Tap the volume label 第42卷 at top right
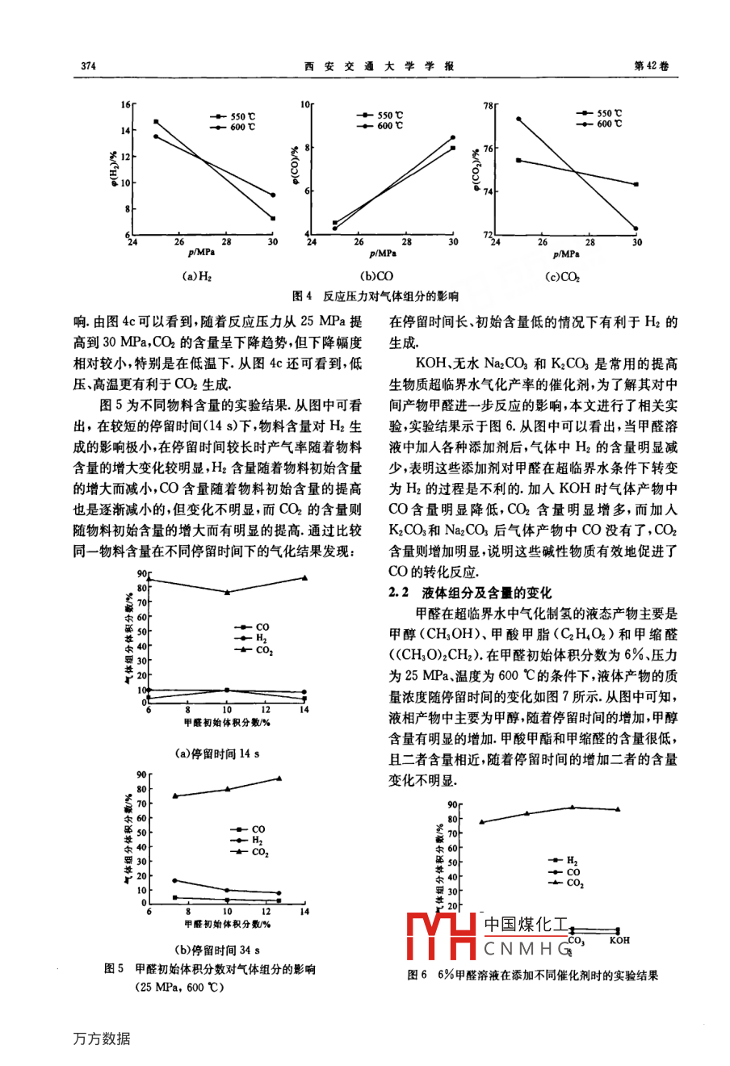click(654, 65)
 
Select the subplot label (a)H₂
click(197, 276)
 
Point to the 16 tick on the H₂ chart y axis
click(125, 105)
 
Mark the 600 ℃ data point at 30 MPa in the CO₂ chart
click(636, 229)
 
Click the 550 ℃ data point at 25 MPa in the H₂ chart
click(156, 122)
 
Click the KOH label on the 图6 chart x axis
click(619, 940)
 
